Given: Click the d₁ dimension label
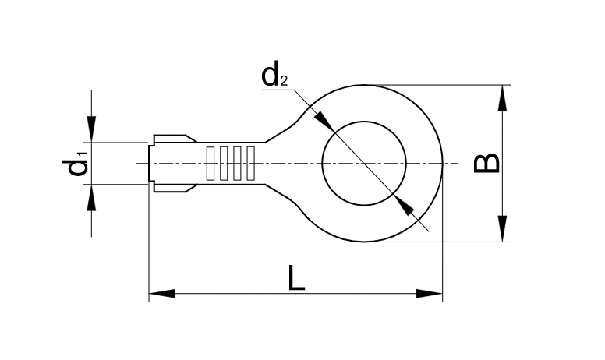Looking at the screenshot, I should pos(77,164).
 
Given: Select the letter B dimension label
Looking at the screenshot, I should pos(487,163).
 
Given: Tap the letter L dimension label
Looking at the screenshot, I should pos(296,278).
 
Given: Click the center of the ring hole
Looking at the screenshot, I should pos(364,163).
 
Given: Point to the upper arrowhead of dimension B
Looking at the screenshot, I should pos(503,97).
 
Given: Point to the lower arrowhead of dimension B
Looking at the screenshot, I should pos(503,229).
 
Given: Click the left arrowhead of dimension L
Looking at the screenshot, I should pos(161,294).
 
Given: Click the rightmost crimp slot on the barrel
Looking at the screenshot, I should pos(249,163).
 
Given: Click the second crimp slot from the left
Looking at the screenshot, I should pos(223,163).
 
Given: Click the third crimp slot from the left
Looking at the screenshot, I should pos(236,163).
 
